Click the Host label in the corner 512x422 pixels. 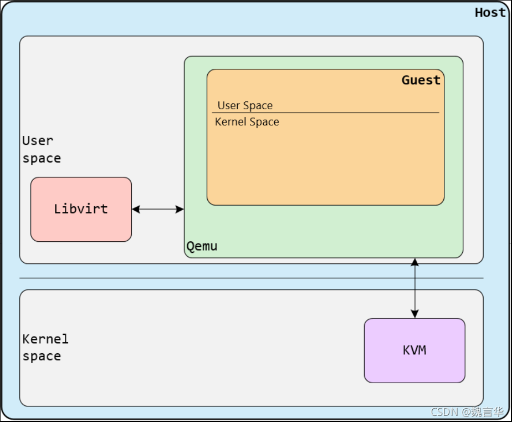pyautogui.click(x=490, y=12)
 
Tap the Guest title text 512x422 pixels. pyautogui.click(x=421, y=80)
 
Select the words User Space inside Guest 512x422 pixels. pyautogui.click(x=245, y=105)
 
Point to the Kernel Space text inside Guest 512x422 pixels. pyautogui.click(x=247, y=122)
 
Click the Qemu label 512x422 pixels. pyautogui.click(x=202, y=246)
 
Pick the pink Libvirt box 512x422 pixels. pyautogui.click(x=81, y=210)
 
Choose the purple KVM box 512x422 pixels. pyautogui.click(x=414, y=350)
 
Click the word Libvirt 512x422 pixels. pyautogui.click(x=81, y=209)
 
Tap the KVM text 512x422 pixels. pyautogui.click(x=414, y=350)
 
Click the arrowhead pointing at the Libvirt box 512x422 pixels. pyautogui.click(x=136, y=209)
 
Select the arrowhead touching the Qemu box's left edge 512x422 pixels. pyautogui.click(x=180, y=209)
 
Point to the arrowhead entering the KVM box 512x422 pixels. pyautogui.click(x=414, y=314)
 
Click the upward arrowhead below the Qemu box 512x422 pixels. pyautogui.click(x=414, y=262)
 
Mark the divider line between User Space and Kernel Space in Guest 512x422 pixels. pyautogui.click(x=326, y=113)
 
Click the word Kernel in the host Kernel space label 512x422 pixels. pyautogui.click(x=45, y=339)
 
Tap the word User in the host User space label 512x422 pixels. pyautogui.click(x=38, y=141)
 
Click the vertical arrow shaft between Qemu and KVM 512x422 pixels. pyautogui.click(x=414, y=288)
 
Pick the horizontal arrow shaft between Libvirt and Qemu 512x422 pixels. pyautogui.click(x=158, y=209)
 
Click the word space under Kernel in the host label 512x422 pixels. pyautogui.click(x=42, y=357)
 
